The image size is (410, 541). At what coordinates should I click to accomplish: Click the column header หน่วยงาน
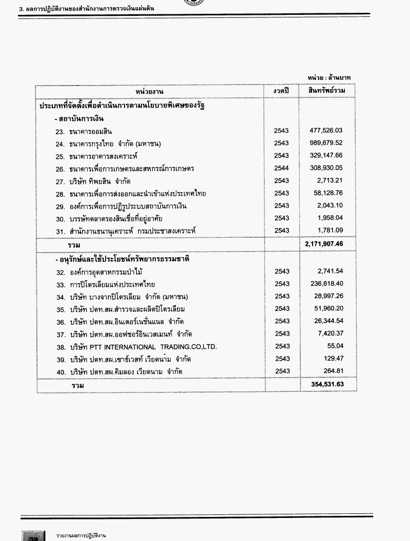[x=150, y=91]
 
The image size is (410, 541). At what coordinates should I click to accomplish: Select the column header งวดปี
[x=281, y=91]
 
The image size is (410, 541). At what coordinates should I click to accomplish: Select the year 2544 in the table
[x=281, y=168]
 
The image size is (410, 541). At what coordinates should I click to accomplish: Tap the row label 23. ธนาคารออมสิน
[x=84, y=131]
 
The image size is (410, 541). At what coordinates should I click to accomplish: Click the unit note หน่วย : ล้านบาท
[x=329, y=77]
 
